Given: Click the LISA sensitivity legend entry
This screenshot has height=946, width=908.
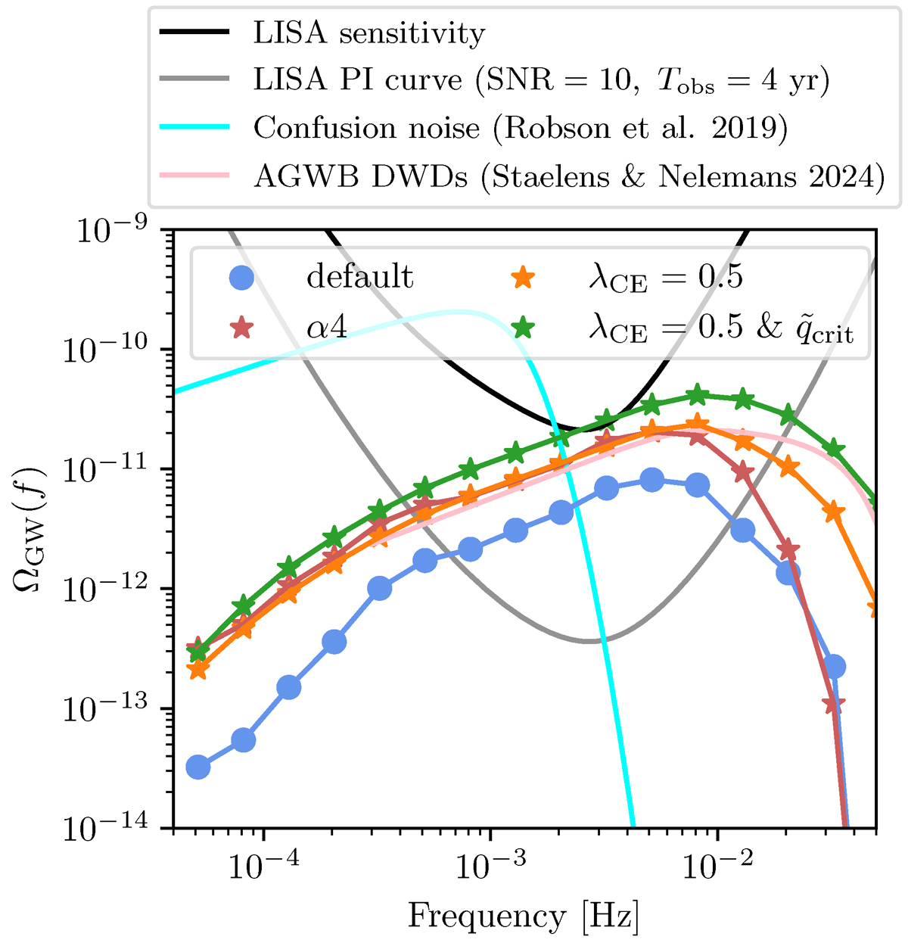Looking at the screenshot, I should tap(368, 34).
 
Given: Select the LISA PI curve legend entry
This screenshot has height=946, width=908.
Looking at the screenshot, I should tap(541, 81).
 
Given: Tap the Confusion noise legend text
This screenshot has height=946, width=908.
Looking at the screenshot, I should tap(521, 128).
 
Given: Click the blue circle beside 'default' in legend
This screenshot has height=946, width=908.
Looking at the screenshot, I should tap(241, 278).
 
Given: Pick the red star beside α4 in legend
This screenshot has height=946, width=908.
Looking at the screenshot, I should tap(241, 328).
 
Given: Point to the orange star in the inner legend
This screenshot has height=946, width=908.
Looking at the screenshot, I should tap(523, 278).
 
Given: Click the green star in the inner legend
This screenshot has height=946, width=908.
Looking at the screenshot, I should tap(523, 328).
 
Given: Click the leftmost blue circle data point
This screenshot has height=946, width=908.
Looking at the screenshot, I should tap(197, 767).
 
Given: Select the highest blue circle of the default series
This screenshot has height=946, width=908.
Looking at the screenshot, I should tap(652, 479).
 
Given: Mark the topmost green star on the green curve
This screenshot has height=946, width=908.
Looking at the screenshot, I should tap(698, 394).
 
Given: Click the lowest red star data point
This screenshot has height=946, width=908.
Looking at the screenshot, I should tap(834, 705).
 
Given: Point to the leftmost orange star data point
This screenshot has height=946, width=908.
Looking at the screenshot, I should tap(197, 669).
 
